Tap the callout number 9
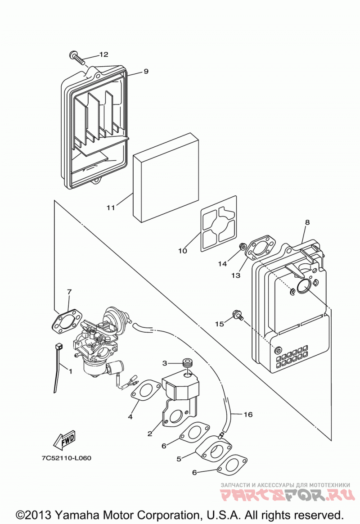pos(146,71)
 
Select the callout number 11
pos(111,208)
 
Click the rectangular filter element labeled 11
pos(166,178)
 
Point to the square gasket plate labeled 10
pos(219,224)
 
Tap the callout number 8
pos(307,222)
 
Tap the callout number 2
pos(150,434)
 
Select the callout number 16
pos(248,415)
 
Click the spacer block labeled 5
pos(213,450)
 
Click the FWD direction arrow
pos(64,440)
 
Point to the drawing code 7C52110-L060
pos(67,458)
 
